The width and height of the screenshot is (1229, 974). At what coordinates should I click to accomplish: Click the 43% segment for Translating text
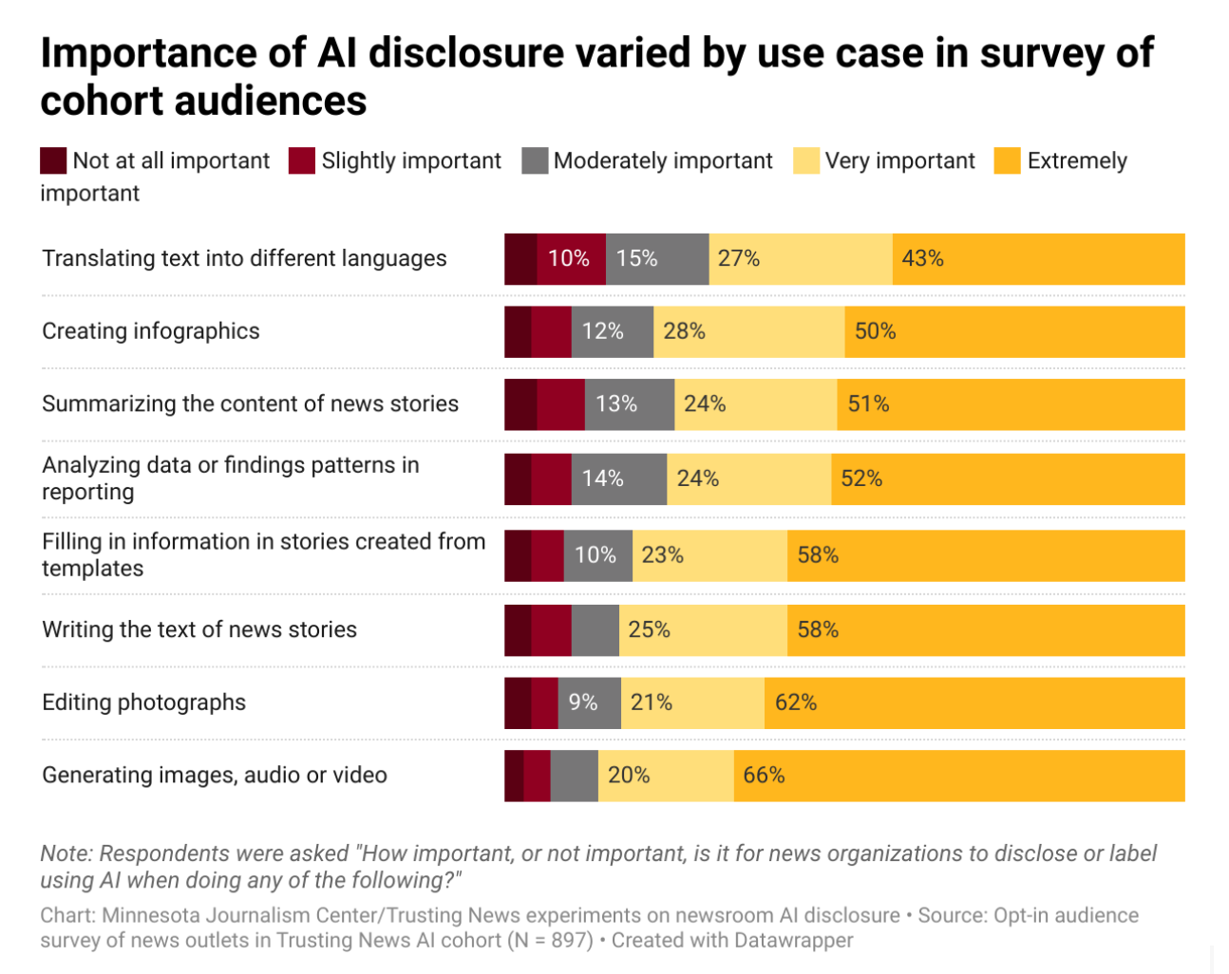pyautogui.click(x=1038, y=259)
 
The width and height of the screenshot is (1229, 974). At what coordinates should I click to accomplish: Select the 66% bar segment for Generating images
pyautogui.click(x=959, y=776)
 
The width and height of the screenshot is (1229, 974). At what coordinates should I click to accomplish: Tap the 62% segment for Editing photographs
pyautogui.click(x=974, y=702)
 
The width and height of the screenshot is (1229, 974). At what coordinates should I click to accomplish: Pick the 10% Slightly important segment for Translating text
pyautogui.click(x=571, y=259)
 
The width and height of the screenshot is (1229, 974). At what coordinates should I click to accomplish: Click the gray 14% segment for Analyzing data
pyautogui.click(x=619, y=478)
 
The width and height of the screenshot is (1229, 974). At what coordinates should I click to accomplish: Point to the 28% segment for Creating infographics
pyautogui.click(x=748, y=331)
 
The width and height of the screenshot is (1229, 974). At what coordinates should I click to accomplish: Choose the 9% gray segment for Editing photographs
pyautogui.click(x=589, y=702)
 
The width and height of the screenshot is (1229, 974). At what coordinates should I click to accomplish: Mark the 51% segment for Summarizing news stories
pyautogui.click(x=1011, y=404)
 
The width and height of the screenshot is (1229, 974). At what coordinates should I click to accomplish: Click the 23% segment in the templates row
pyautogui.click(x=709, y=555)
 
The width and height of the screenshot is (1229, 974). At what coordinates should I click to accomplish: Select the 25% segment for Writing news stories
pyautogui.click(x=703, y=629)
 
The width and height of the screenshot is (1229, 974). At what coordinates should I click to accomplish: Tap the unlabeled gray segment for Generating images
pyautogui.click(x=574, y=776)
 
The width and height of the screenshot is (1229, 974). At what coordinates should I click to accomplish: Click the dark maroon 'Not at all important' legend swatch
pyautogui.click(x=53, y=161)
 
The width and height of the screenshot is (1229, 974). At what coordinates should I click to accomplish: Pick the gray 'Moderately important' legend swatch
pyautogui.click(x=535, y=161)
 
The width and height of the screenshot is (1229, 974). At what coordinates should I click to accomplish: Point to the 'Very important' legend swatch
pyautogui.click(x=806, y=161)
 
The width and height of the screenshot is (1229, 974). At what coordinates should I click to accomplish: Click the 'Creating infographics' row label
pyautogui.click(x=151, y=331)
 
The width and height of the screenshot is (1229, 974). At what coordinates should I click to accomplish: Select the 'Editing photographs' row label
pyautogui.click(x=144, y=702)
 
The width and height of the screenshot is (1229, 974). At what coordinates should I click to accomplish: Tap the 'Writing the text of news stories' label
pyautogui.click(x=199, y=629)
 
